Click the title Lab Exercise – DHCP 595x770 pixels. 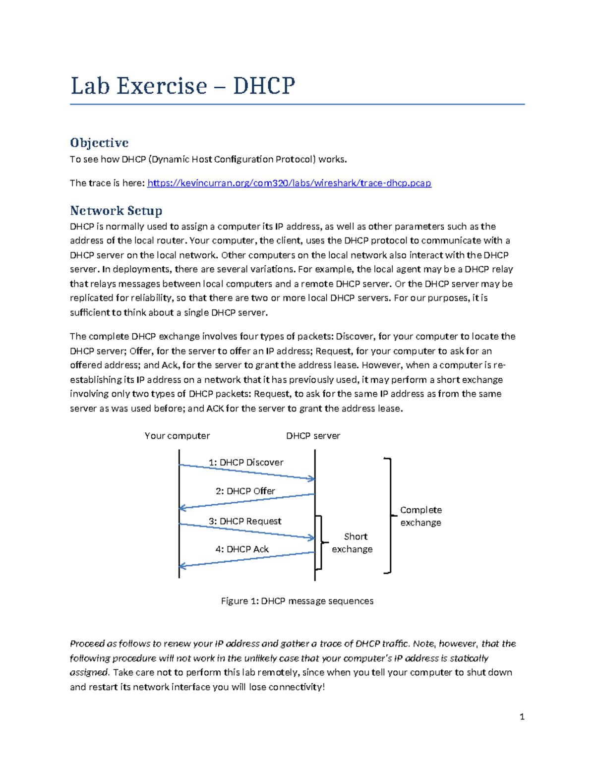[x=182, y=86]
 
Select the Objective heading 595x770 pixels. [x=99, y=143]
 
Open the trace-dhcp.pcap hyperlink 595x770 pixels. [x=289, y=183]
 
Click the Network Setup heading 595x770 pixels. [x=116, y=211]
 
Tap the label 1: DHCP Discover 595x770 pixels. [x=246, y=462]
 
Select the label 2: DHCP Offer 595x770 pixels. [x=245, y=491]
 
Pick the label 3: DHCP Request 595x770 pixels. [x=245, y=521]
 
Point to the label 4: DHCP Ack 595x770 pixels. [x=242, y=549]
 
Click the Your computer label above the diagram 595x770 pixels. [x=177, y=436]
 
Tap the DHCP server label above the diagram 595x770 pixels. [x=313, y=436]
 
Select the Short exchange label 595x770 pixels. [x=353, y=543]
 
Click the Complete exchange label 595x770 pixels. [x=420, y=516]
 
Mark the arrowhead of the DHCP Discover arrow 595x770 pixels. [x=311, y=478]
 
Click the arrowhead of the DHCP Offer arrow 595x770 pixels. [x=182, y=508]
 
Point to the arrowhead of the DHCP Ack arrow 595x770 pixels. [x=182, y=566]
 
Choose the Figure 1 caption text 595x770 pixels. [x=297, y=601]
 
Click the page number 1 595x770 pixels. [x=522, y=716]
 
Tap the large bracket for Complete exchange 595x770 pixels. [x=391, y=516]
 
